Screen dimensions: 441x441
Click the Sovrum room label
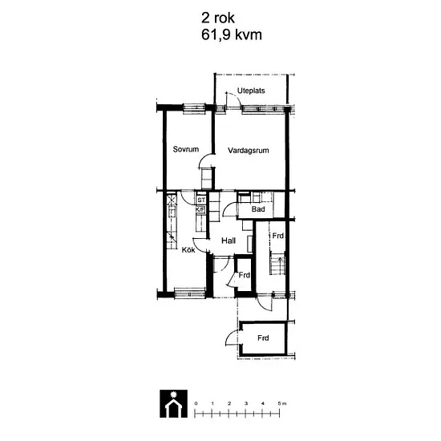(186, 149)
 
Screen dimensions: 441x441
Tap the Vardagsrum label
(248, 151)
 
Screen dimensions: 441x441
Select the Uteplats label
(251, 91)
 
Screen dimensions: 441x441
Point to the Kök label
(188, 249)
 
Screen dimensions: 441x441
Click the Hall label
(229, 241)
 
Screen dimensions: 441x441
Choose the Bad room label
(258, 209)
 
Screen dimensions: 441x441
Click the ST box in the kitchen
(201, 200)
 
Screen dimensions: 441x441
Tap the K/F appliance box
(200, 210)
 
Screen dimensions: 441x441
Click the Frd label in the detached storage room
(263, 338)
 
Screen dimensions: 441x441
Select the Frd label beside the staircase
(277, 236)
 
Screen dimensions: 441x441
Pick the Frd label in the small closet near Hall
(244, 275)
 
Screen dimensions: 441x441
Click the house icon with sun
(173, 403)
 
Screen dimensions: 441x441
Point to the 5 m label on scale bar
(282, 403)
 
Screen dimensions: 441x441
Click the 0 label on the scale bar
(196, 403)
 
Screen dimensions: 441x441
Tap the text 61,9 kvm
(232, 35)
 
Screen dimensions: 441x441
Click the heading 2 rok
(217, 18)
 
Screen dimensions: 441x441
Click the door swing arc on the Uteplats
(234, 97)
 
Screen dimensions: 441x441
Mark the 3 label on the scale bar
(246, 403)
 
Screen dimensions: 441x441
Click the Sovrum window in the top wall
(194, 108)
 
